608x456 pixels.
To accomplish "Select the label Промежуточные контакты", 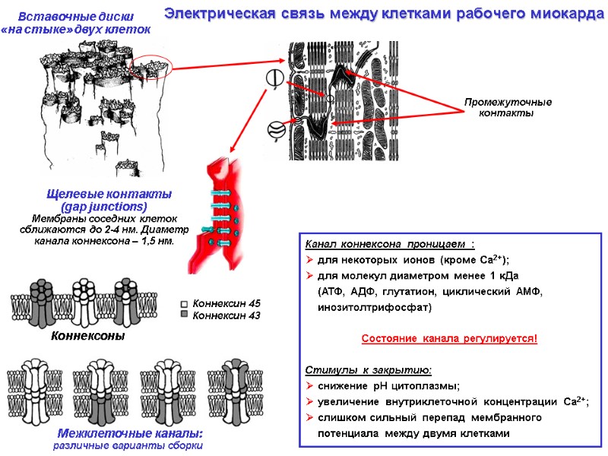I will coord(508,107).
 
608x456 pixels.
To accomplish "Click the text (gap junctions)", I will coord(103,206).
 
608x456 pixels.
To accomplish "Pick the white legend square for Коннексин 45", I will coord(184,302).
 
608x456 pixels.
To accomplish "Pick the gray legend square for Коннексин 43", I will coord(184,315).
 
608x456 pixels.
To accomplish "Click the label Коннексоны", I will coord(87,335).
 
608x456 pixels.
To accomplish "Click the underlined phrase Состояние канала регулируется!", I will coord(448,337).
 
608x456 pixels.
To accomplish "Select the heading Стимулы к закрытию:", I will coord(369,369).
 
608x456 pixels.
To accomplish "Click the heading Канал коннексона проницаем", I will coord(389,245).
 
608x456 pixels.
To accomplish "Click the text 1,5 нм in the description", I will coord(156,241).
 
